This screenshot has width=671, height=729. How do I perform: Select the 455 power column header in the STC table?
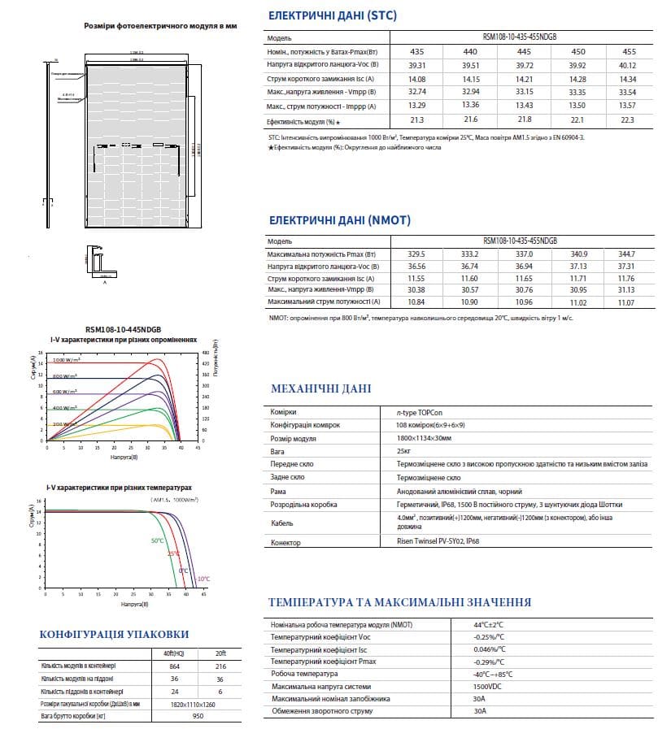coord(628,50)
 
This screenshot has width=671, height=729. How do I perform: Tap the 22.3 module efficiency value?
coord(628,120)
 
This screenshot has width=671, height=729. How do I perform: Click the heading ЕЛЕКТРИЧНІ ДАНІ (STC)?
coord(333,15)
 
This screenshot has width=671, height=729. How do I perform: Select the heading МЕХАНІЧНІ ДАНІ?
coord(320,388)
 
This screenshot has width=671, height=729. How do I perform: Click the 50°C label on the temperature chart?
coord(157,540)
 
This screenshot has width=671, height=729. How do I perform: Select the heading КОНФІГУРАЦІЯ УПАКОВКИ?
coord(114,634)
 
